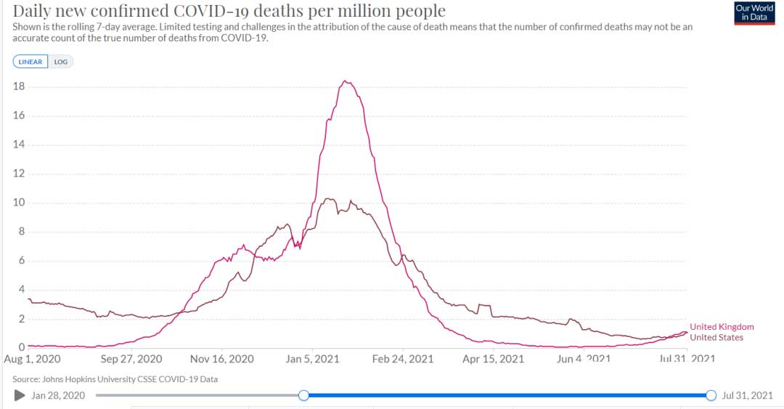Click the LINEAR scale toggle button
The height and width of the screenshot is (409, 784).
click(x=30, y=62)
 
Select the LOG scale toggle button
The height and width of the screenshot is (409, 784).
click(x=61, y=62)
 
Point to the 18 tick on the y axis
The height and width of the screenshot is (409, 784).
click(x=20, y=86)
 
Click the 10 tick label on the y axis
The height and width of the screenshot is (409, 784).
click(x=20, y=203)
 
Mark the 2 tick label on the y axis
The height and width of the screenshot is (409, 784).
click(x=23, y=319)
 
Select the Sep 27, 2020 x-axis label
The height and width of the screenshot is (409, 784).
click(x=131, y=359)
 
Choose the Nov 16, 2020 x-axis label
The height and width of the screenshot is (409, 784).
click(x=222, y=359)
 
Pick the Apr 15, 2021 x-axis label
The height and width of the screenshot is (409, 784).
click(x=494, y=359)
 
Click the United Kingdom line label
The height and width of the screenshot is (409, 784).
click(x=722, y=327)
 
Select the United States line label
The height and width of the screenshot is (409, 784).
click(x=716, y=337)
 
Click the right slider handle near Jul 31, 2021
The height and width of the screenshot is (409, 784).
click(x=711, y=395)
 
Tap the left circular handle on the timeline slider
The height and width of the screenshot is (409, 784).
click(x=303, y=395)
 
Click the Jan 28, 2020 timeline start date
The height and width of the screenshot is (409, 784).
click(x=59, y=395)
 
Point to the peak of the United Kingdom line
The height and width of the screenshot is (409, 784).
click(x=346, y=81)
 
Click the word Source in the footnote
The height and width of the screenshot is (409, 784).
click(x=26, y=379)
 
